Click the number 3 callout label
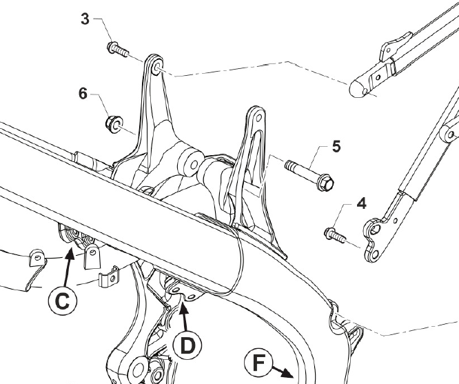pyautogui.click(x=85, y=19)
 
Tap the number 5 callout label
pyautogui.click(x=336, y=146)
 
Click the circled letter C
pyautogui.click(x=63, y=301)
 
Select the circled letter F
pyautogui.click(x=258, y=362)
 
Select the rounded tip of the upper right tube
pyautogui.click(x=356, y=88)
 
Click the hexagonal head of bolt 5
pyautogui.click(x=327, y=184)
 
